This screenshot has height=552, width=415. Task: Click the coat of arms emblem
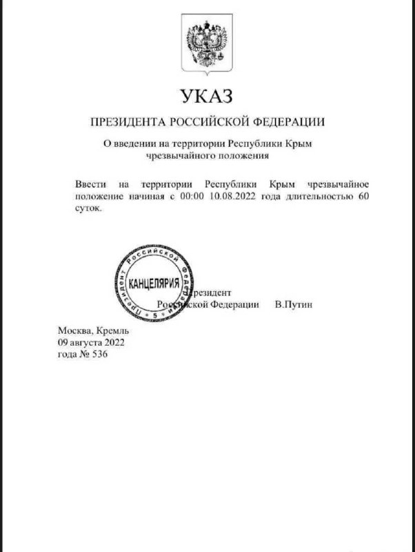(x=207, y=43)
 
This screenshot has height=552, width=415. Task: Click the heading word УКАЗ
(x=207, y=96)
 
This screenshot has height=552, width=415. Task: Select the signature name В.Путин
(x=293, y=304)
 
